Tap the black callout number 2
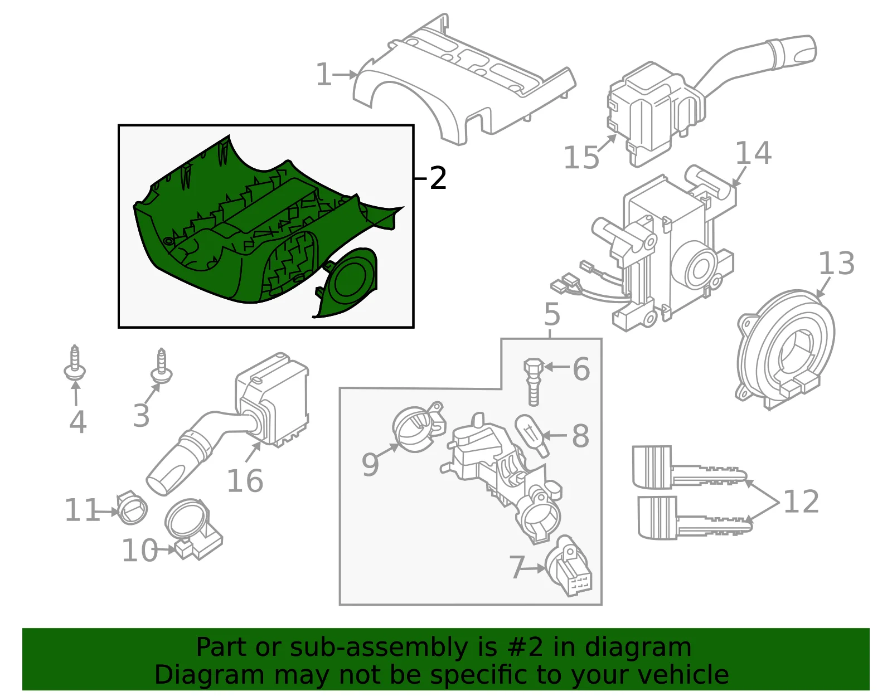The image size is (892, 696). click(438, 178)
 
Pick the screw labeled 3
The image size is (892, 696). click(162, 366)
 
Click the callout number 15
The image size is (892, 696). click(581, 157)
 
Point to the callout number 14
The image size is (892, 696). click(754, 153)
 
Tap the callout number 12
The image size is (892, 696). click(801, 501)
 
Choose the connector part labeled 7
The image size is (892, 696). click(569, 566)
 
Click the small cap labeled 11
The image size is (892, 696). click(132, 507)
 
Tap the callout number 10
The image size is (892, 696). click(139, 550)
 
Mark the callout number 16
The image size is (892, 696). click(245, 481)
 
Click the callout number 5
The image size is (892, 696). click(552, 315)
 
